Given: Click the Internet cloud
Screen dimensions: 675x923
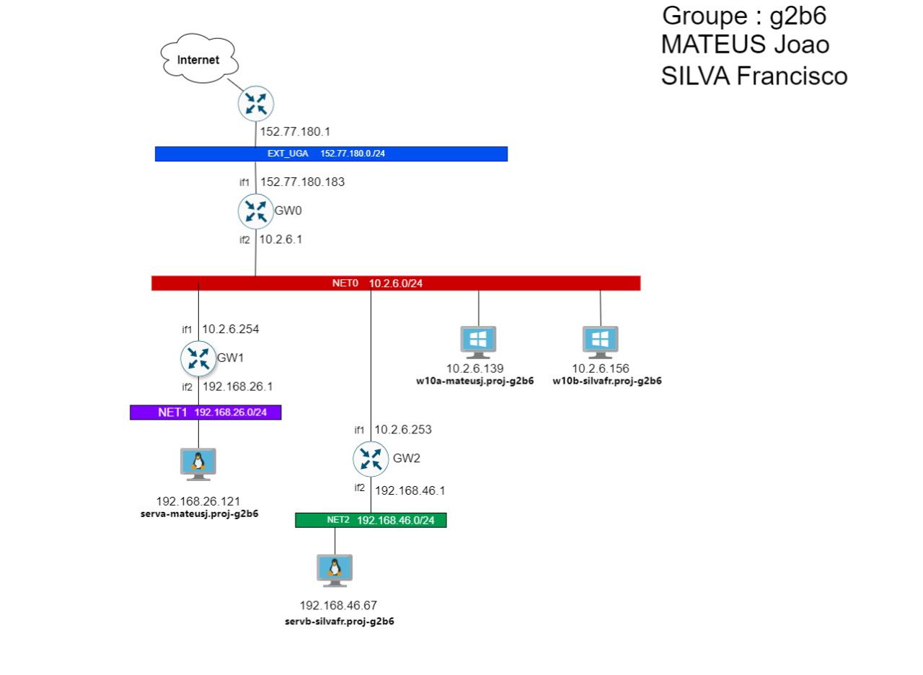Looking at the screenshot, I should point(199,59).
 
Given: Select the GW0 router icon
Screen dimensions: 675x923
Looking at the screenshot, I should point(255,211).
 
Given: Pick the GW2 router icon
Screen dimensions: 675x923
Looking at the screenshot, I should point(371,459).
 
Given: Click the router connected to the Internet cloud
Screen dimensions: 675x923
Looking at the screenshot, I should point(255,105).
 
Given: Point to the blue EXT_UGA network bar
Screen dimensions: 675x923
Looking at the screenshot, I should point(331,154).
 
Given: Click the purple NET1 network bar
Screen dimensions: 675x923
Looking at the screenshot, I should point(205,412).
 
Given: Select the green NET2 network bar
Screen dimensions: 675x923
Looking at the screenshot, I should point(371,520).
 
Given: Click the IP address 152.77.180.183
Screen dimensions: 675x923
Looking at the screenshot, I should point(302,182).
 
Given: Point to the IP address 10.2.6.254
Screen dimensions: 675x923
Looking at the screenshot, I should point(230,330).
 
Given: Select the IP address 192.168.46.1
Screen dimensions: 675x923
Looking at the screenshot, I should point(411,490).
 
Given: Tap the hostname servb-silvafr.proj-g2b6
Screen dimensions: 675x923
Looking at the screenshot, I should point(340,620).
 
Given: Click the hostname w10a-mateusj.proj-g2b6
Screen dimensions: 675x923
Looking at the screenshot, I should point(474,381).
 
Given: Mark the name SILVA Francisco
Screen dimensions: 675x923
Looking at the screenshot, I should point(754,75).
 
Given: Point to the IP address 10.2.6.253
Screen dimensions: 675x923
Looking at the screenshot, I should point(403,430).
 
